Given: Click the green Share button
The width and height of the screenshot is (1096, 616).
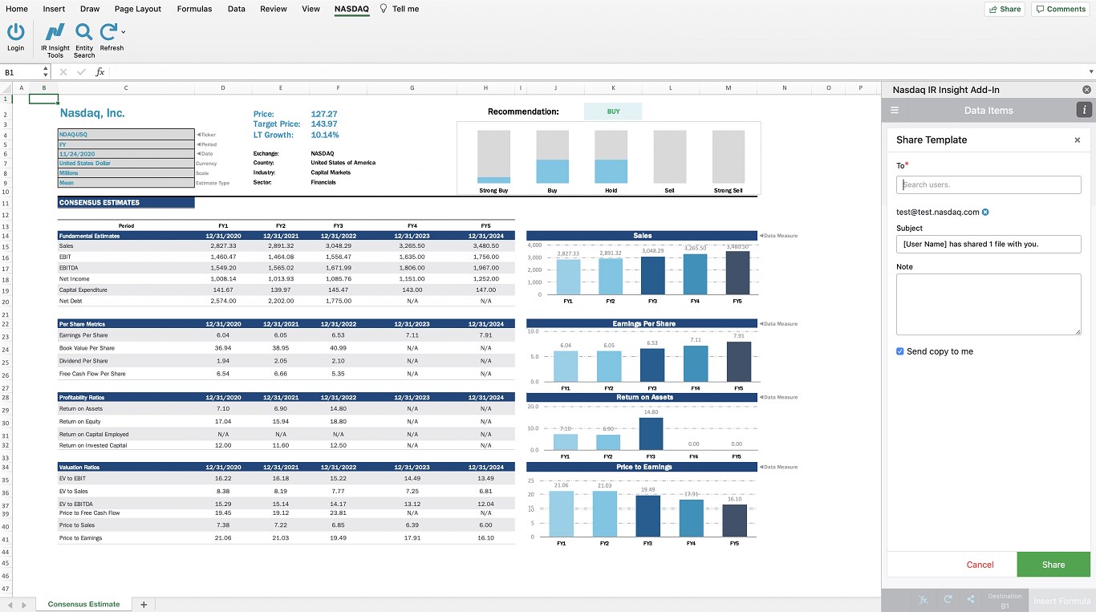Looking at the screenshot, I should [1053, 565].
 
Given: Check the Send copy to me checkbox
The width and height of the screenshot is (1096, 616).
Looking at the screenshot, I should [900, 351].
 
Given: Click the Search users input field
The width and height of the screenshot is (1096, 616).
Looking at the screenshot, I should [988, 184].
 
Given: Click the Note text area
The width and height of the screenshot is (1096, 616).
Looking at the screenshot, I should [988, 304].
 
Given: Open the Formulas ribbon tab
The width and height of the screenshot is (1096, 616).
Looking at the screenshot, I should [194, 9].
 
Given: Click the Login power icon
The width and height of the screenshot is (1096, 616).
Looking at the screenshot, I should [16, 32].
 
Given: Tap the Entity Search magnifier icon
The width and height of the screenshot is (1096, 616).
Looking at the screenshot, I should [84, 32].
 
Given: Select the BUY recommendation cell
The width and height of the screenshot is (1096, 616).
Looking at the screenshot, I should [613, 111].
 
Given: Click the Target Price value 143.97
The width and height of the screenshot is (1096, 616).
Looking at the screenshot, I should [324, 124].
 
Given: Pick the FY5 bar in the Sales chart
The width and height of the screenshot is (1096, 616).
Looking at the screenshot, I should [737, 273].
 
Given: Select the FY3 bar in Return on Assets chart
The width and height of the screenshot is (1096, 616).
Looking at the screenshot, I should [652, 434].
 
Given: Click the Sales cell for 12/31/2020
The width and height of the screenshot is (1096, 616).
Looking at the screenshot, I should [223, 245].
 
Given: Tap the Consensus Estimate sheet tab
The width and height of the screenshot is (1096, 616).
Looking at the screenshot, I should [83, 604].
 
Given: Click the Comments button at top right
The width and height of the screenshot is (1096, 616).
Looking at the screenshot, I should [1061, 9].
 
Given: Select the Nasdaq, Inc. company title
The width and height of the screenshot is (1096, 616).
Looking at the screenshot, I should [92, 113].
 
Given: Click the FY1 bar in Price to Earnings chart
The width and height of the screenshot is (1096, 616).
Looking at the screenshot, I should [562, 513].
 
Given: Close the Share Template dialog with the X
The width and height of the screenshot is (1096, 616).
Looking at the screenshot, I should [1077, 140].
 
